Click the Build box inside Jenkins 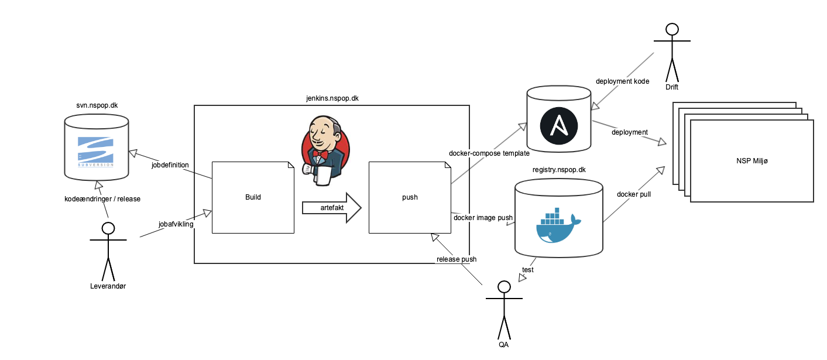[x=253, y=197]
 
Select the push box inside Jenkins [x=410, y=197]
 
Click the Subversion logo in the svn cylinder [x=97, y=152]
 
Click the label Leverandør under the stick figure [x=108, y=286]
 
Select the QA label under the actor [x=503, y=345]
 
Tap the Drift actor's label [x=672, y=87]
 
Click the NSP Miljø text [x=752, y=161]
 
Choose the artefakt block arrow [x=332, y=208]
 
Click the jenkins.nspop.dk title [x=332, y=98]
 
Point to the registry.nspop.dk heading [x=559, y=170]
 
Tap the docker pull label [x=634, y=194]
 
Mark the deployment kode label [x=622, y=81]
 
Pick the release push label [x=457, y=259]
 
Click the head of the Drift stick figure [x=672, y=30]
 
